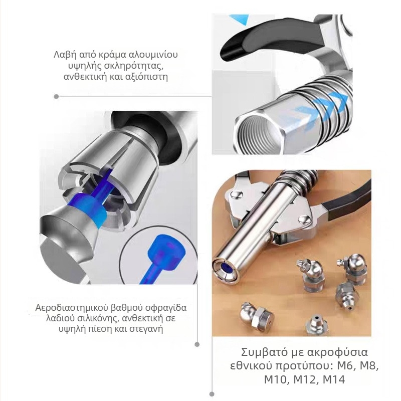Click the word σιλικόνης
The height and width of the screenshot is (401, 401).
point(93,318)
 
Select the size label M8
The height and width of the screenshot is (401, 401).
point(369,366)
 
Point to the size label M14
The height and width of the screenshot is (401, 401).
point(334,379)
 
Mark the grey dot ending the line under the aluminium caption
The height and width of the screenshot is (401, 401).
point(57,97)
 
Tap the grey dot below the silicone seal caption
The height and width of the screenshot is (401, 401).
point(197,344)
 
